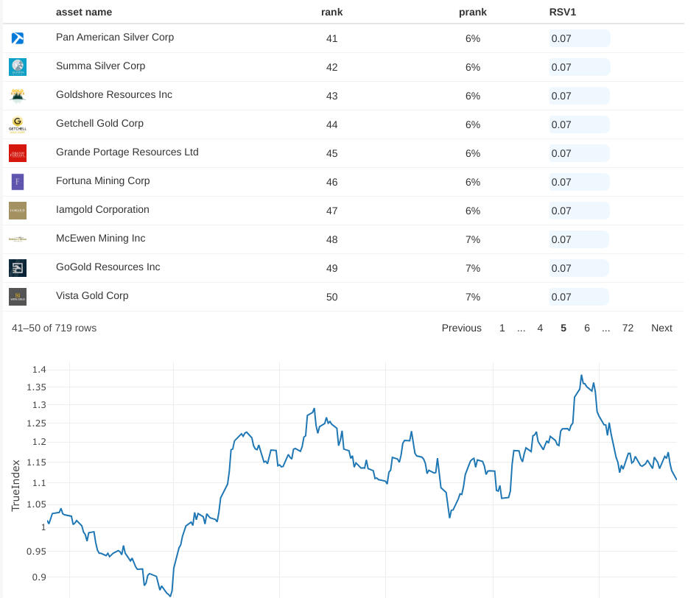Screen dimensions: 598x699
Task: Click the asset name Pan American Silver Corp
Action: tap(115, 38)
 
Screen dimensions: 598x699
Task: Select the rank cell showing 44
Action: tap(331, 124)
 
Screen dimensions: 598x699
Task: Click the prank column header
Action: tap(472, 13)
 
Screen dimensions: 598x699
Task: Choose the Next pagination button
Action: tap(661, 328)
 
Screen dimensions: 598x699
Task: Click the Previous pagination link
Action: tap(461, 328)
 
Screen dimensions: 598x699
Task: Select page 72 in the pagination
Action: tap(628, 328)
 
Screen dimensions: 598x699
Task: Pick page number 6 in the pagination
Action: tap(587, 328)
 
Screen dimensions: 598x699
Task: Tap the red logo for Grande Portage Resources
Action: tap(18, 153)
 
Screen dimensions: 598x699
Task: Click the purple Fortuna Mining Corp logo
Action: tap(18, 182)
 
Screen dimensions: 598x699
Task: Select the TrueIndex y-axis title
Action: tap(16, 485)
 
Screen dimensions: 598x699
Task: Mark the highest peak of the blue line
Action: tap(581, 376)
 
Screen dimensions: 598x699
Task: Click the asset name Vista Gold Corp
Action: tap(92, 296)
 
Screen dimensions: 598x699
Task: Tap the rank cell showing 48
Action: tap(331, 239)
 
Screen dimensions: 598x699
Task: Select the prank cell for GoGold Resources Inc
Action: tap(472, 268)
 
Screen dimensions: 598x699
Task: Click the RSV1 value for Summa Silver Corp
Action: tap(561, 67)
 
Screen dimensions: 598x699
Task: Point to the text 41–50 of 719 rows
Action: tap(54, 328)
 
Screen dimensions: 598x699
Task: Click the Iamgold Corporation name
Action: tap(102, 210)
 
